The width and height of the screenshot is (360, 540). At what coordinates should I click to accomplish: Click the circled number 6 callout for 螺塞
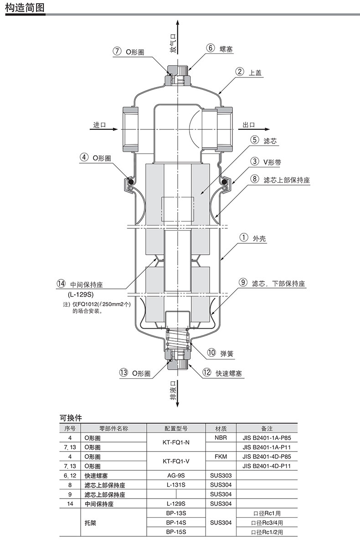[211, 48]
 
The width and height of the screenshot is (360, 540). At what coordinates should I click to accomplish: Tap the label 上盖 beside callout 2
[255, 72]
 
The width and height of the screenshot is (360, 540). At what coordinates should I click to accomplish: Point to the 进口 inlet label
[99, 125]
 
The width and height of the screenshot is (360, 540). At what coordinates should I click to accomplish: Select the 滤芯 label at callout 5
[270, 141]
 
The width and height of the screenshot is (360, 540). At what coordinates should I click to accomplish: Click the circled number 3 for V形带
[255, 161]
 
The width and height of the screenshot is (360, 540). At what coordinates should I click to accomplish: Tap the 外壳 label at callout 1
[259, 238]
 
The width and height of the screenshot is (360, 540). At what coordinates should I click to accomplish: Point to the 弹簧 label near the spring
[227, 354]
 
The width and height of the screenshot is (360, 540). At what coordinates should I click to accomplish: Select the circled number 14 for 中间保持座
[61, 284]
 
